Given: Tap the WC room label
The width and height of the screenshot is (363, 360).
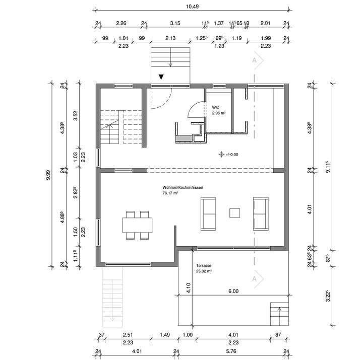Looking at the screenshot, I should click(215, 107).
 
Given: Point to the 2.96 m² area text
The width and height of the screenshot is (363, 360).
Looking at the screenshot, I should click(219, 113).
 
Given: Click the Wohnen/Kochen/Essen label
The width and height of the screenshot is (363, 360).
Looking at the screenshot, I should click(183, 186).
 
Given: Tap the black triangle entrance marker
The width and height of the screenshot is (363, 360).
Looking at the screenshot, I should click(161, 77).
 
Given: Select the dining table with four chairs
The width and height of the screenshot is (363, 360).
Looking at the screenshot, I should click(137, 225).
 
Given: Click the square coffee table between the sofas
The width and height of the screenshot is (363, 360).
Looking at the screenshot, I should click(234, 213).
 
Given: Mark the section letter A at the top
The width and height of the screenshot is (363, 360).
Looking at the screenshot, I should click(255, 60).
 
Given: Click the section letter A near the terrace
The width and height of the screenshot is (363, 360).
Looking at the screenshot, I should click(255, 278).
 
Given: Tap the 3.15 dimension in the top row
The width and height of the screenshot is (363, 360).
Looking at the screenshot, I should click(175, 23).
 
